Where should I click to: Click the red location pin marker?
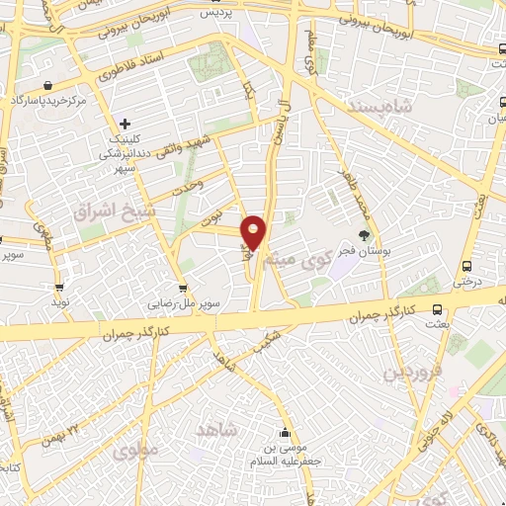pos(254,230)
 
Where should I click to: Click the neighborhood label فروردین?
pos(409,373)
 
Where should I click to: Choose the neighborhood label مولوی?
pos(134,452)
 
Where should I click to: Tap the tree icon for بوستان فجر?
pos(365,235)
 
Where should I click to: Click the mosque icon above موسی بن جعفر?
pos(286,432)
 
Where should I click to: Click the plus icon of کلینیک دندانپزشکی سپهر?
pos(125,124)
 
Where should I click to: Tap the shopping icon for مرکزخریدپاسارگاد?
pos(48,86)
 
